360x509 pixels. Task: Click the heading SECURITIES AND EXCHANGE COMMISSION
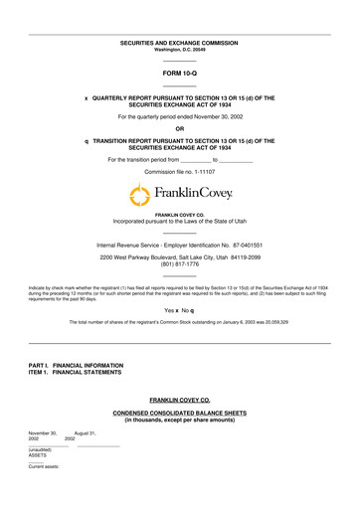(179, 43)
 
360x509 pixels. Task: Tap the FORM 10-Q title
(179, 74)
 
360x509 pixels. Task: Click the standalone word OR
(179, 129)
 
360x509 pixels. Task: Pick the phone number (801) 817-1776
(179, 264)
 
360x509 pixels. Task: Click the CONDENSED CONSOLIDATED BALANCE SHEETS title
(179, 414)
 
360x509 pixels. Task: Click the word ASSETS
(37, 453)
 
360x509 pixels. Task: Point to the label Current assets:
(44, 465)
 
